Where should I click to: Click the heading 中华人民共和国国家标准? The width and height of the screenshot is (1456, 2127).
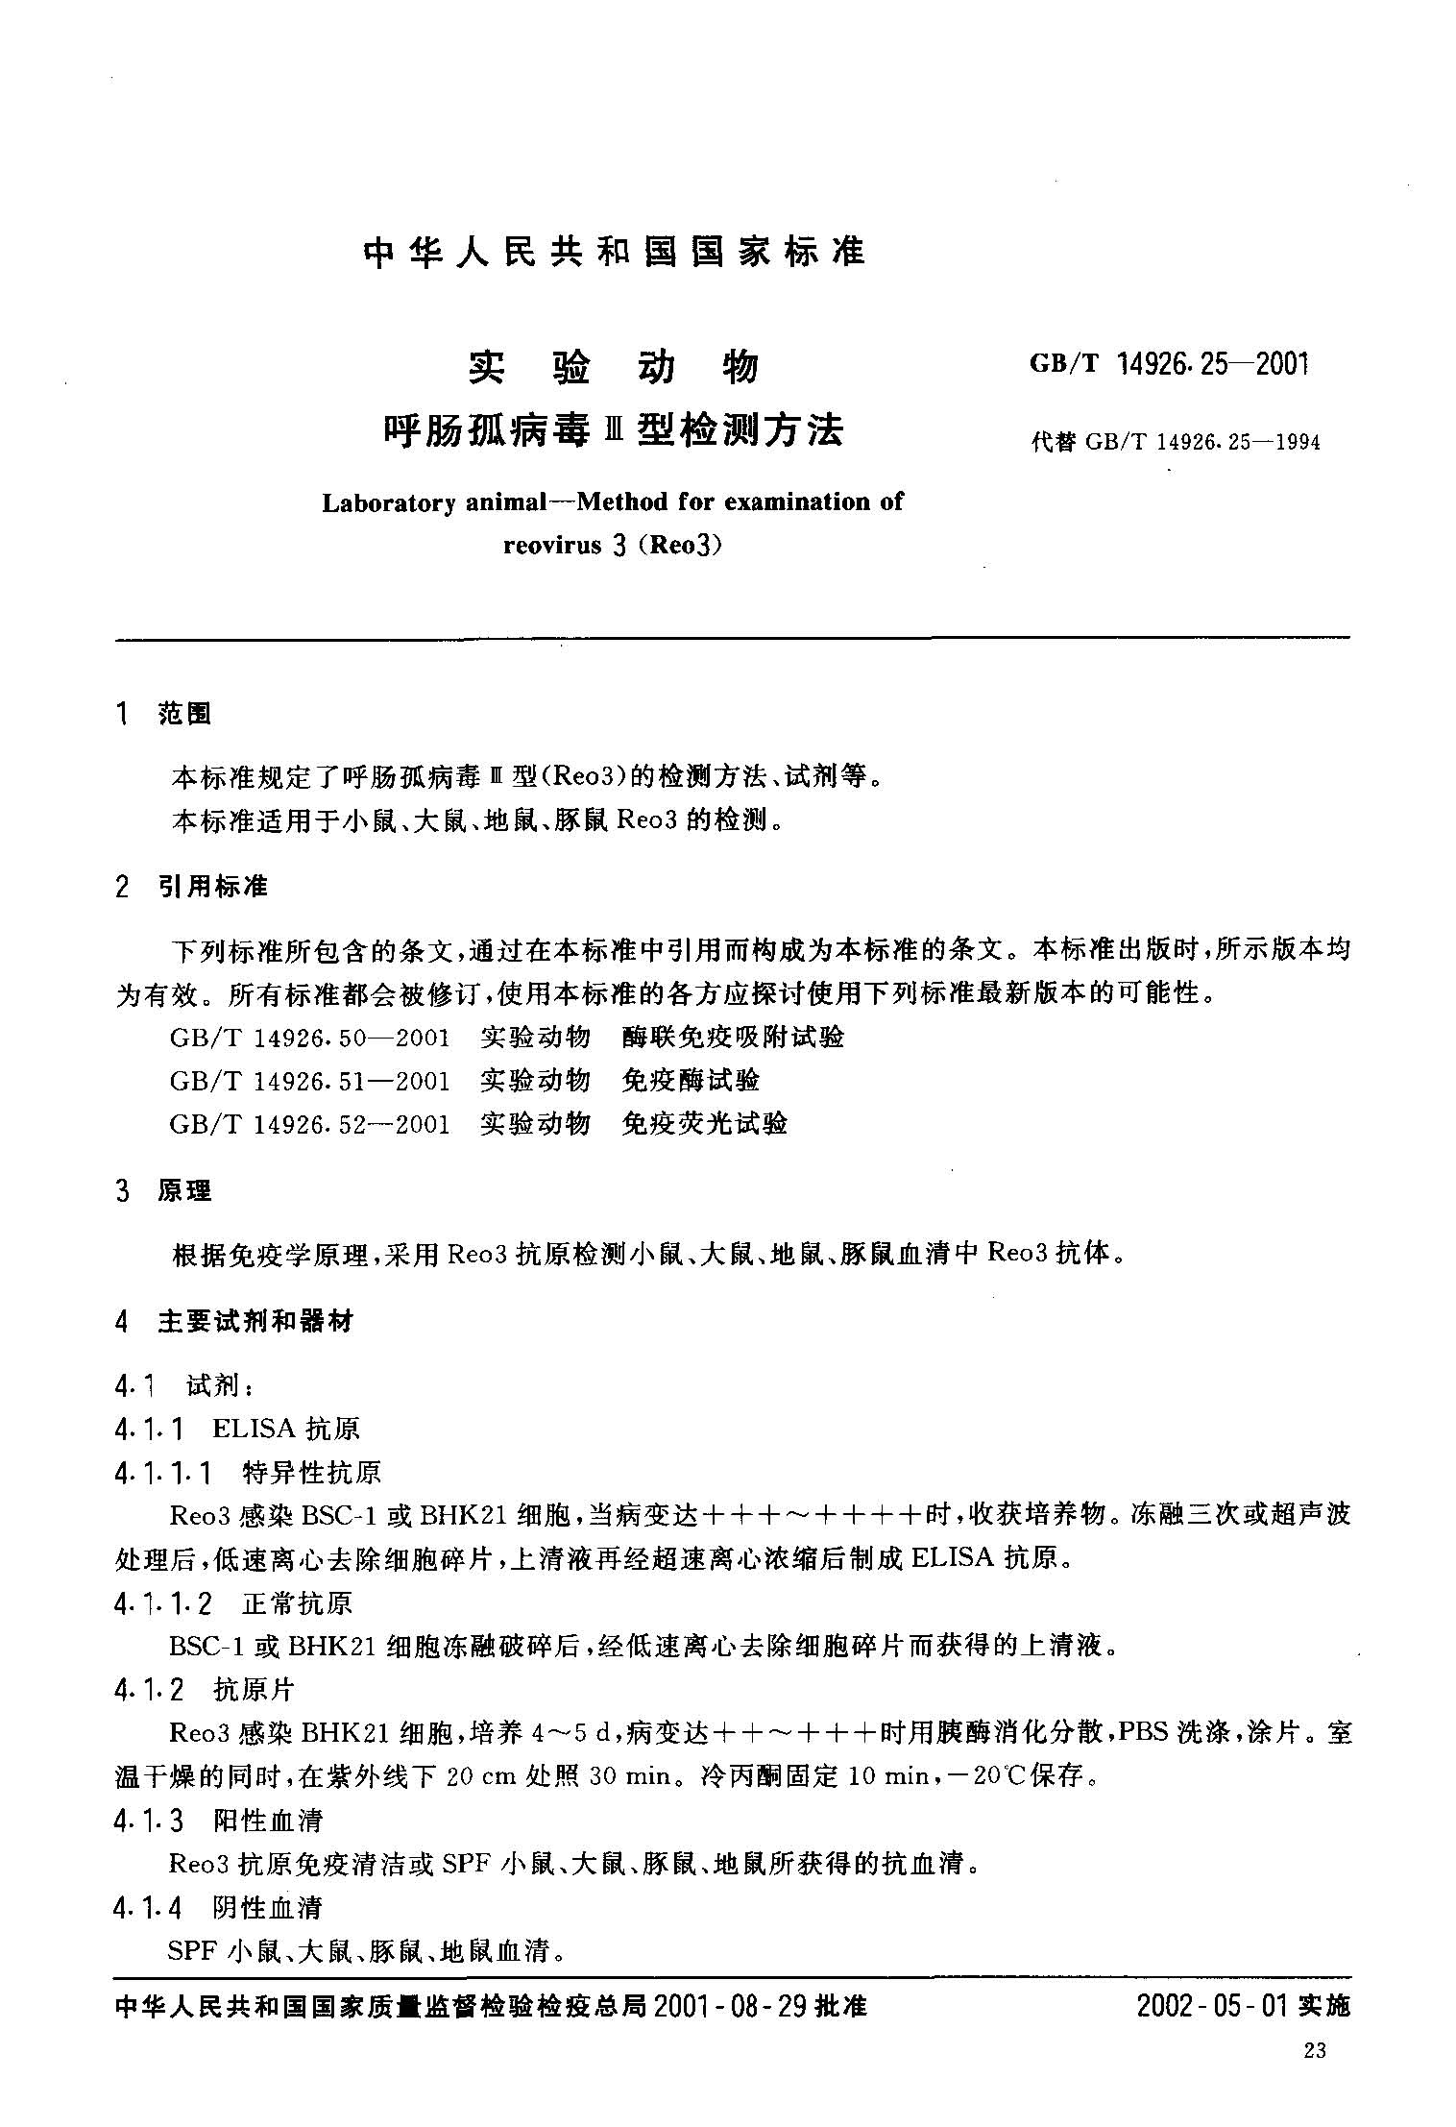[x=615, y=252]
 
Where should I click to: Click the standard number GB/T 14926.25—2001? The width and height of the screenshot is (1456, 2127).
[x=1169, y=364]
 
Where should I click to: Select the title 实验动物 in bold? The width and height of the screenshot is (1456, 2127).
[x=614, y=368]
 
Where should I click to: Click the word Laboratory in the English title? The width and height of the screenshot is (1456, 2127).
[x=388, y=502]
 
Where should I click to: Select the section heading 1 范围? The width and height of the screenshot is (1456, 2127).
[x=162, y=714]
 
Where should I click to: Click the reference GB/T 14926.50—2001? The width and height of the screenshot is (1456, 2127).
[x=309, y=1038]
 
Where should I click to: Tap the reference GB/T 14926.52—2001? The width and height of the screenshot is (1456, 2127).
[x=309, y=1124]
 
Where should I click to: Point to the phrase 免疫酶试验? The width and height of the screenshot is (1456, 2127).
[x=691, y=1081]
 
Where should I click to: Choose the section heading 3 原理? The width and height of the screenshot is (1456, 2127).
[x=162, y=1191]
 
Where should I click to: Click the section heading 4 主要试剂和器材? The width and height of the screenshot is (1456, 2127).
[x=233, y=1322]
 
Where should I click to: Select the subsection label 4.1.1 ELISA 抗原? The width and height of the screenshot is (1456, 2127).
[x=236, y=1429]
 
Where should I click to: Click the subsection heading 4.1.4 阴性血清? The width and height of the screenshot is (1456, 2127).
[x=217, y=1907]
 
